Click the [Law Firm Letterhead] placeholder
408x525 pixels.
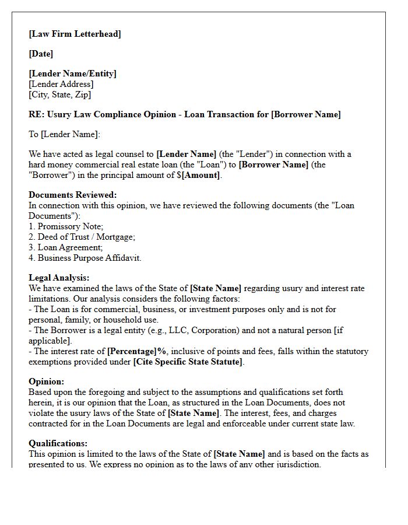pos(75,34)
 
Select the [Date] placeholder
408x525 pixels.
pos(41,54)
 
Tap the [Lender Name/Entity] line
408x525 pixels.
pos(72,73)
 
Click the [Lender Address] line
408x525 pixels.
pos(61,84)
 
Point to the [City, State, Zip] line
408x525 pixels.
pos(59,94)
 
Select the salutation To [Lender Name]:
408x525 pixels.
pos(64,134)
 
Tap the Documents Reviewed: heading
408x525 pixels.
pos(72,195)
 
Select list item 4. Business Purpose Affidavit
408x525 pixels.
pos(85,258)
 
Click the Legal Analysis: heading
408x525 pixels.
pos(59,278)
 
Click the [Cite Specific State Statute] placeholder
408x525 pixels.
pos(188,362)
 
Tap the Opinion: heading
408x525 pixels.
pos(46,381)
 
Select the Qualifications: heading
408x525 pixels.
pos(58,443)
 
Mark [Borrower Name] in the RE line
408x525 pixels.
pos(306,114)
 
